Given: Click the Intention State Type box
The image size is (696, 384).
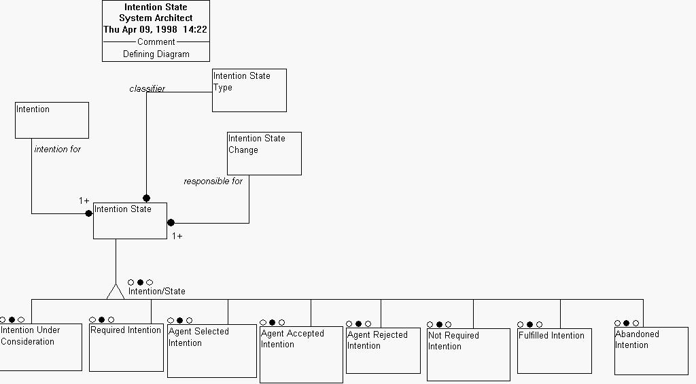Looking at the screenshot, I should (249, 90).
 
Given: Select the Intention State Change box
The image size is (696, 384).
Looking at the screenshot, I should (264, 153).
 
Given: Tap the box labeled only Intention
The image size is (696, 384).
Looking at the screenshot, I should (52, 120).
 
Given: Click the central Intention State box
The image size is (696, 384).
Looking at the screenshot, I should (130, 220).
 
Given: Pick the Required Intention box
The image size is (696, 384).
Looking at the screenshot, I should (126, 347).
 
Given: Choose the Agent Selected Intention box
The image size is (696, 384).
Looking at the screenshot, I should (211, 351).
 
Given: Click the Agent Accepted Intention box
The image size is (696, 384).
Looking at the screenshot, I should (300, 354).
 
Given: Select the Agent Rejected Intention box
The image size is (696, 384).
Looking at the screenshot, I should (383, 350).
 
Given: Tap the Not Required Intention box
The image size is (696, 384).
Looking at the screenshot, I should (468, 354).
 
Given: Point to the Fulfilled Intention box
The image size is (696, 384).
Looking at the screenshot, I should (554, 351).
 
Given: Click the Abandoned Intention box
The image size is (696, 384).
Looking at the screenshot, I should (650, 350).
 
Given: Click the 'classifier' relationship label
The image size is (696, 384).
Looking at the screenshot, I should (147, 89).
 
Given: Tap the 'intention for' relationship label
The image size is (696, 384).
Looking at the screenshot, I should (57, 150).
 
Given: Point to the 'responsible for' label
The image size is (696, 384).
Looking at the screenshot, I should (213, 181).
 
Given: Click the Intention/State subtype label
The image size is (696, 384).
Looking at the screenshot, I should (156, 292).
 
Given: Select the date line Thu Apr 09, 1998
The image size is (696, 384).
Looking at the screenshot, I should (155, 30).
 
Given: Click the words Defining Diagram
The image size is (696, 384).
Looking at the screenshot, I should (156, 54).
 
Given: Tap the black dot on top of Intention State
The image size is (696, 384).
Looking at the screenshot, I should (146, 198).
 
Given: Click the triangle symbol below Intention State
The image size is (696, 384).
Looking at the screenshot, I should (116, 292).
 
